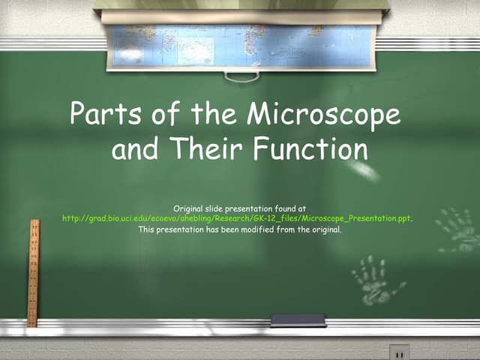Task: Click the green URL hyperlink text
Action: [237, 218]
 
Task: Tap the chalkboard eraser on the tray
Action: [298, 320]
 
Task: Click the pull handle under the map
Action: [241, 75]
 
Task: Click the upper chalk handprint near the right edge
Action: [458, 229]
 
